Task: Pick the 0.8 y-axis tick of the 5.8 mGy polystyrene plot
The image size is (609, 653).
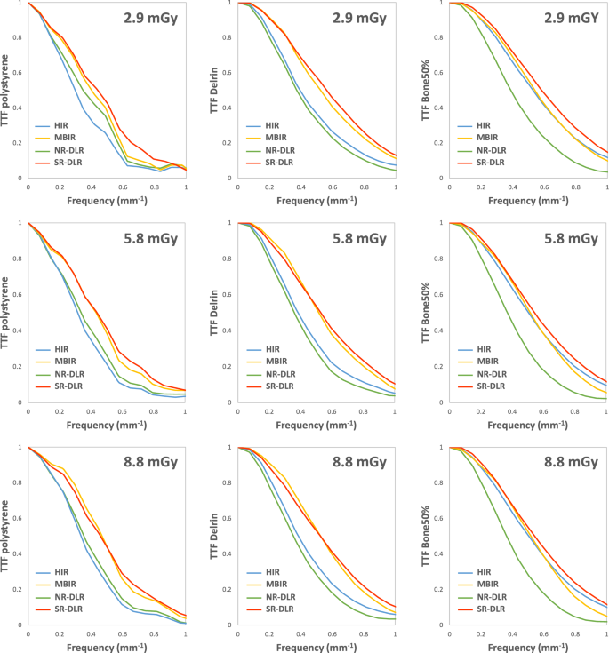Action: [20, 259]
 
